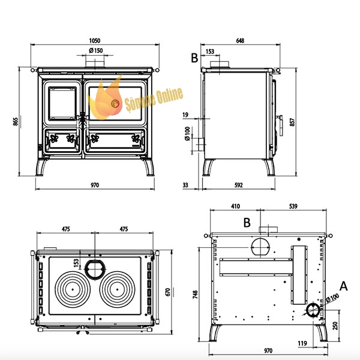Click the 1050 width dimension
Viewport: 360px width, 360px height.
coord(95,41)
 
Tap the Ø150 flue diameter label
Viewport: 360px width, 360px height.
coord(96,50)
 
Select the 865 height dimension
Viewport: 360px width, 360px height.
coord(16,121)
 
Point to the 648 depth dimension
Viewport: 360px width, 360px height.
coord(240,41)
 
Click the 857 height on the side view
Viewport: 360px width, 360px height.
coord(292,122)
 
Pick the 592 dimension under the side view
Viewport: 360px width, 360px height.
coord(239,185)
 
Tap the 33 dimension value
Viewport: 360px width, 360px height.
coord(185,185)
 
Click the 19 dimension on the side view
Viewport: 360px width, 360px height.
coord(185,115)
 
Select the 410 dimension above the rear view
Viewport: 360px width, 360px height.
coord(235,206)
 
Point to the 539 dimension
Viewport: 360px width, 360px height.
coord(293,206)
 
